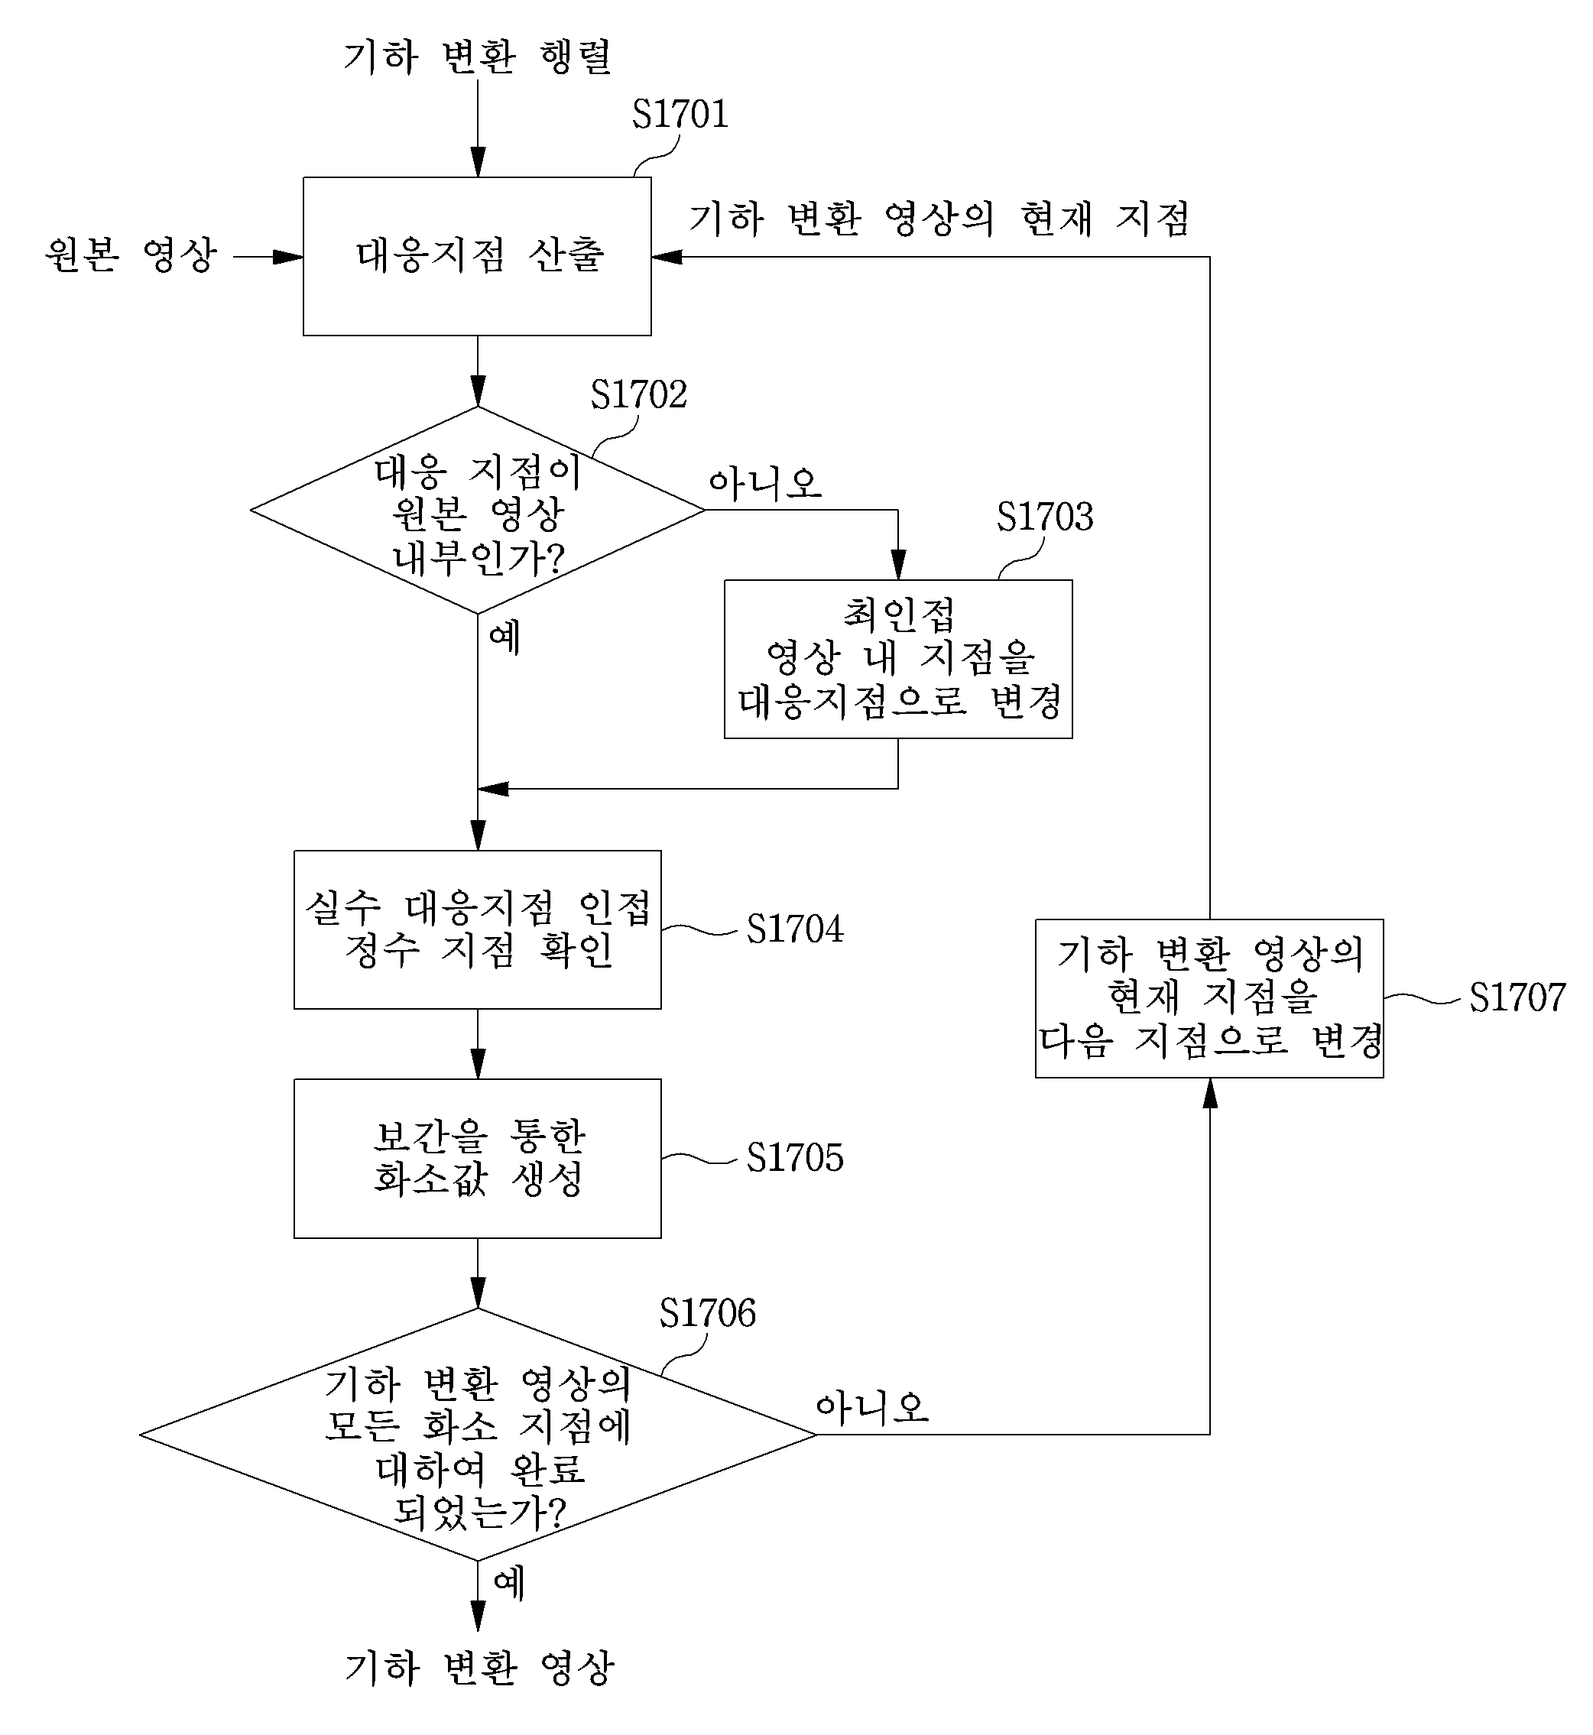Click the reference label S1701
(x=680, y=115)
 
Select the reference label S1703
(x=1045, y=517)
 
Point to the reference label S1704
(x=795, y=929)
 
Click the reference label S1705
(x=795, y=1157)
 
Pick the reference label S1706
(x=707, y=1314)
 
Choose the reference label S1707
(x=1517, y=998)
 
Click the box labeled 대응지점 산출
(x=477, y=257)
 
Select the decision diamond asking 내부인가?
(x=478, y=511)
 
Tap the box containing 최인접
(x=898, y=660)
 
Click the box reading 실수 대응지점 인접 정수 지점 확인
(x=478, y=930)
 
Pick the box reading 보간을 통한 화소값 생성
(x=478, y=1159)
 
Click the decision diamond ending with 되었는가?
(x=478, y=1435)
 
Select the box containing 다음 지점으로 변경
(x=1209, y=999)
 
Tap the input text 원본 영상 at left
(x=131, y=255)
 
